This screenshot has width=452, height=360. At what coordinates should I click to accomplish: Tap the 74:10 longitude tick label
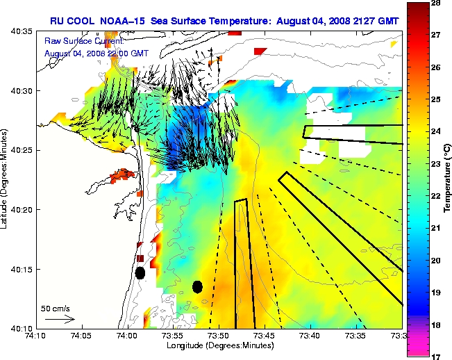point(35,336)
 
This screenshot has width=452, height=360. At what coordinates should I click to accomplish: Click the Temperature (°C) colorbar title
point(448,179)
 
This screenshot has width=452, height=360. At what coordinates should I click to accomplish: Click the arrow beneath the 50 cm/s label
point(59,319)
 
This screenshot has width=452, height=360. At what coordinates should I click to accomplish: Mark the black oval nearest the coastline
point(140,273)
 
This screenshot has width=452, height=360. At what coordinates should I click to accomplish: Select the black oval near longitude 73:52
point(197,286)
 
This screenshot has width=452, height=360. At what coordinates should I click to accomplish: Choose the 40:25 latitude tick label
point(22,150)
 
